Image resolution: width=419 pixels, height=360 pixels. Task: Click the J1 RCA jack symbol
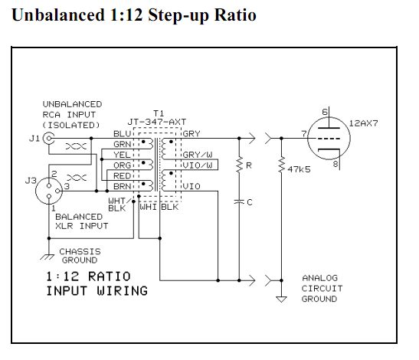pos(49,139)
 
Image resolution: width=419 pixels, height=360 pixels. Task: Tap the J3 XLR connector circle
pos(49,191)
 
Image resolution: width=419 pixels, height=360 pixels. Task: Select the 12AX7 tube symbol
pos(329,139)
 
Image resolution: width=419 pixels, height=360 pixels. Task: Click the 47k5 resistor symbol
pos(281,165)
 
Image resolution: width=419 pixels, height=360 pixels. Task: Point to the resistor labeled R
pos(239,165)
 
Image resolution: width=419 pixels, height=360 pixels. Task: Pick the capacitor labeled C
pos(239,201)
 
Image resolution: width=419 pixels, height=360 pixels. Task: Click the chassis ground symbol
pos(47,257)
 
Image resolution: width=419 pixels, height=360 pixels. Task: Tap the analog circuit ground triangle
pos(281,299)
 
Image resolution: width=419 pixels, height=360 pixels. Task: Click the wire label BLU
pos(122,133)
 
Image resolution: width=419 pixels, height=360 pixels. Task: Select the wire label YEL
pos(122,155)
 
